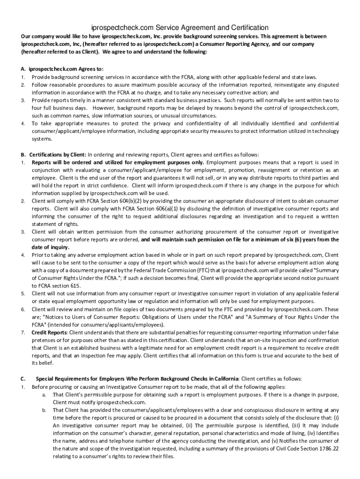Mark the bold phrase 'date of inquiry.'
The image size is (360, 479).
point(50,247)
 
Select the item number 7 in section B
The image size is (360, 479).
point(22,332)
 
